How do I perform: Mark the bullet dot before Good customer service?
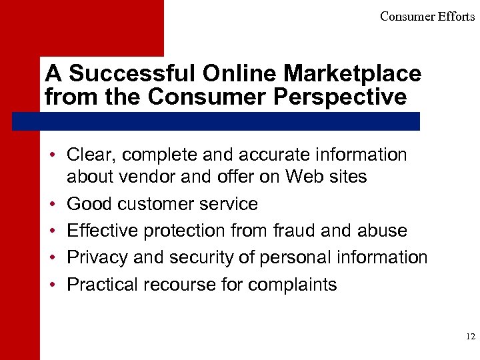(51, 203)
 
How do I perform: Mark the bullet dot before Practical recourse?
(51, 284)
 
